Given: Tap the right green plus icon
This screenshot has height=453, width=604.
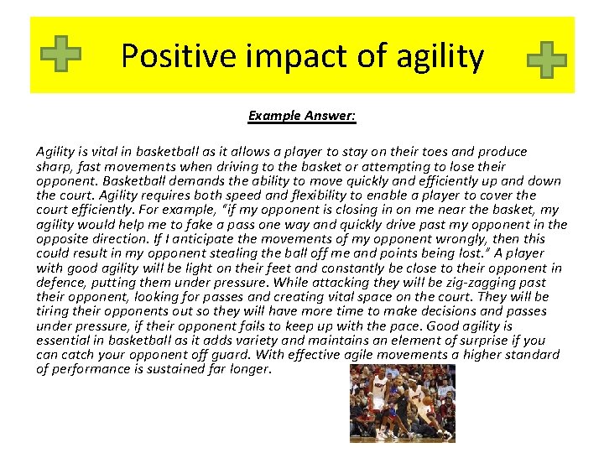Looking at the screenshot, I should coord(546,60).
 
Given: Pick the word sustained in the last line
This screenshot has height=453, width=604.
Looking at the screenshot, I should coord(184,369).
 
